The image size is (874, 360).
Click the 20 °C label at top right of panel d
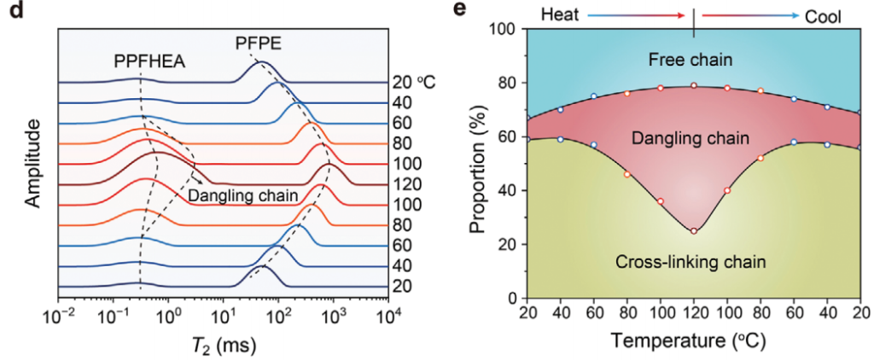tap(414, 83)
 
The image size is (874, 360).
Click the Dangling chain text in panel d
tap(243, 196)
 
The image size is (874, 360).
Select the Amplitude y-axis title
tap(33, 165)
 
